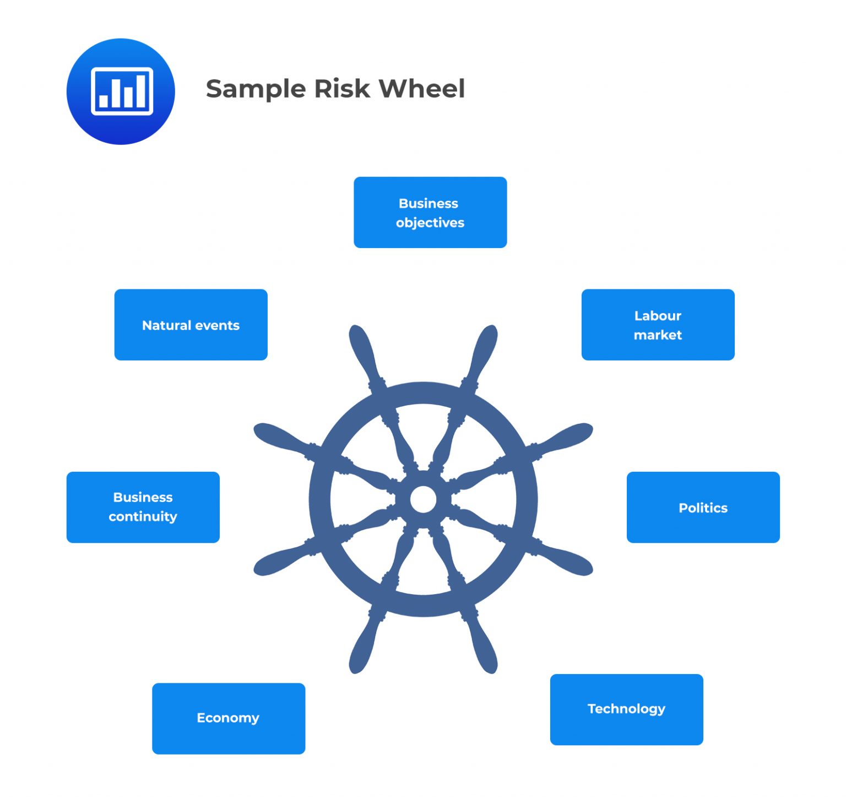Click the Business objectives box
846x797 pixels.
[430, 212]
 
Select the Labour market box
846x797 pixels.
[658, 325]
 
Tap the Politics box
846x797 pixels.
[703, 507]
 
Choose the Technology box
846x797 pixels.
[626, 709]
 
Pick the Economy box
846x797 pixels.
[228, 718]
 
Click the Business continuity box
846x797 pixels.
[143, 507]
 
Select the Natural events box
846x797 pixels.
[191, 325]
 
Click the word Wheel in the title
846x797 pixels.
[422, 89]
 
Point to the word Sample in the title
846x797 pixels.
[256, 89]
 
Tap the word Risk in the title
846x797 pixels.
[342, 89]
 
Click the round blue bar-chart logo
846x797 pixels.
[121, 91]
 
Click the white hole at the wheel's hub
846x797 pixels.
[423, 499]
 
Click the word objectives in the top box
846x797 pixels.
[430, 223]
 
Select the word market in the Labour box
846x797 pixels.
[658, 335]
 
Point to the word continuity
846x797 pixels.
[143, 517]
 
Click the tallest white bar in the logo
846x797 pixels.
[141, 91]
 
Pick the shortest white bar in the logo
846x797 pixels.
[104, 101]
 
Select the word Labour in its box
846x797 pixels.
[658, 316]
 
